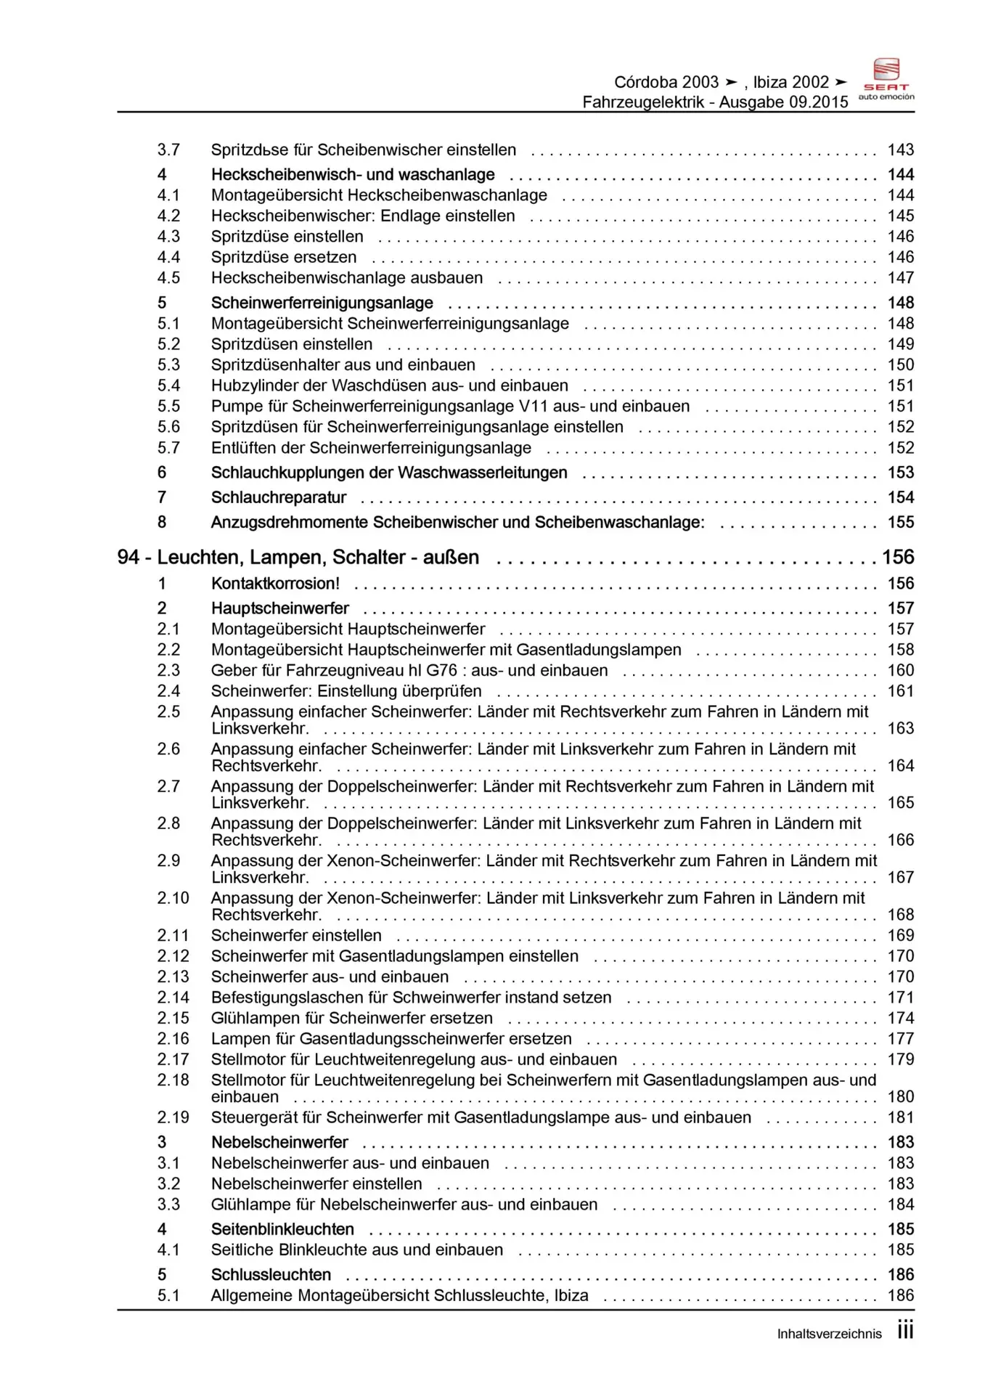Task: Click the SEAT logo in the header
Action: pos(886,78)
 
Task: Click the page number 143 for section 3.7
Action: pos(900,150)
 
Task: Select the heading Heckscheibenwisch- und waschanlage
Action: pos(353,175)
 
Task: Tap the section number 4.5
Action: pos(168,278)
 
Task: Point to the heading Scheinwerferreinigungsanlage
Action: pos(322,303)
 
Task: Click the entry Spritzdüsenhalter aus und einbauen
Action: pos(343,365)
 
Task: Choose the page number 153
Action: pos(900,473)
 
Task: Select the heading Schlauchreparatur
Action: pos(278,498)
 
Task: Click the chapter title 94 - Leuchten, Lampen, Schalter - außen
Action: pos(298,558)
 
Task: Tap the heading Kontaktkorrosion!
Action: pos(275,584)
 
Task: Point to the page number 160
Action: pos(900,671)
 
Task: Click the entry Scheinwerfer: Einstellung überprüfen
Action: pos(346,691)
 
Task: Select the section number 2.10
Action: pos(173,898)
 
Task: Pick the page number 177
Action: pos(900,1039)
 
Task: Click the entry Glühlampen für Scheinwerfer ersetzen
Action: pos(351,1019)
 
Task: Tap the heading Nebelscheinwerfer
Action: pos(279,1143)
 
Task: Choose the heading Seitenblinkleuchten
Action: pos(282,1230)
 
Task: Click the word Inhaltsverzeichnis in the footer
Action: pos(829,1334)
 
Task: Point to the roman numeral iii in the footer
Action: pos(904,1331)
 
